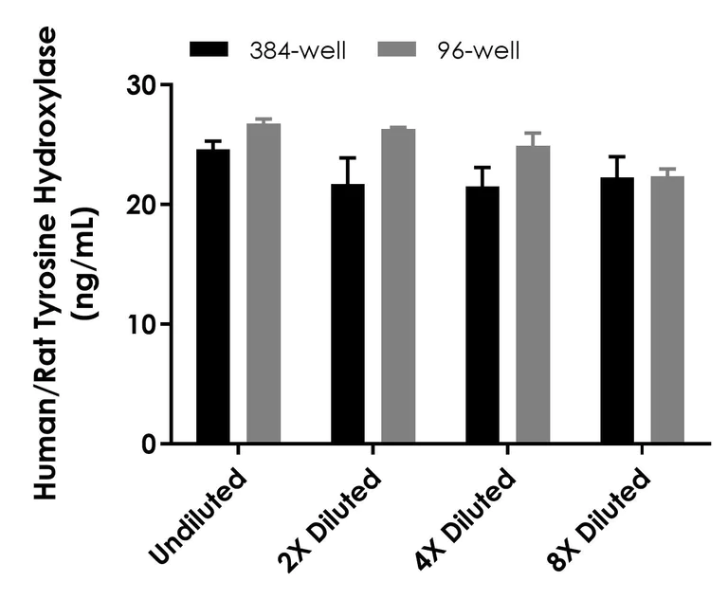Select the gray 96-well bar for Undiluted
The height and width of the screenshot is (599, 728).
click(264, 283)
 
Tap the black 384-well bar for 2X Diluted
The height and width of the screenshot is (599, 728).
click(348, 313)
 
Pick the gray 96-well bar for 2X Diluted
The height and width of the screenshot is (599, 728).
click(398, 286)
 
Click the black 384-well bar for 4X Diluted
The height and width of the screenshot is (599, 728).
click(482, 315)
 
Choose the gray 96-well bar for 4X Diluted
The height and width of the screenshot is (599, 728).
click(533, 295)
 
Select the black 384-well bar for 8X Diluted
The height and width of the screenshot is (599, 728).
click(617, 310)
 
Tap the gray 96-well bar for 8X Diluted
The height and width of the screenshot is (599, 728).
click(667, 310)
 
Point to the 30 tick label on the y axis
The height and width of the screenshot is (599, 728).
click(143, 85)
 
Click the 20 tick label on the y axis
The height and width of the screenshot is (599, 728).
click(143, 205)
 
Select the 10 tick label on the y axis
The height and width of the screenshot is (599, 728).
click(143, 324)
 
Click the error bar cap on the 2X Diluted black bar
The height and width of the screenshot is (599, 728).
click(348, 158)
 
